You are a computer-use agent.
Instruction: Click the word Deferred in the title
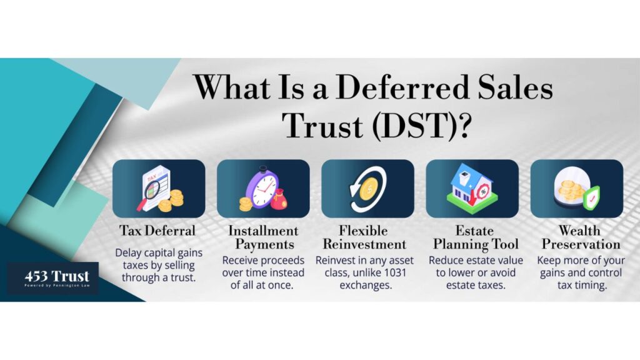click(x=402, y=87)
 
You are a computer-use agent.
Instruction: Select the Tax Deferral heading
click(x=157, y=231)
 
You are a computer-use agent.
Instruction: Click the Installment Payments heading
click(x=264, y=237)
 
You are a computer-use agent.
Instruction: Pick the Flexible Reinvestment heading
click(x=364, y=237)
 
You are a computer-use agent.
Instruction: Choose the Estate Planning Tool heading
click(x=476, y=237)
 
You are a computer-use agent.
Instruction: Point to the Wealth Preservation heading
click(x=581, y=237)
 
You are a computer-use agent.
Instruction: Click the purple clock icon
click(x=262, y=187)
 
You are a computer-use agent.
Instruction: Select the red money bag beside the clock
click(x=279, y=199)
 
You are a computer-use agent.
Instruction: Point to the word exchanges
click(x=366, y=285)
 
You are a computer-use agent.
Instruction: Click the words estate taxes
click(x=476, y=285)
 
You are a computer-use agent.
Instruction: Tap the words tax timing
click(x=582, y=285)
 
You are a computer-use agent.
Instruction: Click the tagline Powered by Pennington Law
click(x=57, y=286)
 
